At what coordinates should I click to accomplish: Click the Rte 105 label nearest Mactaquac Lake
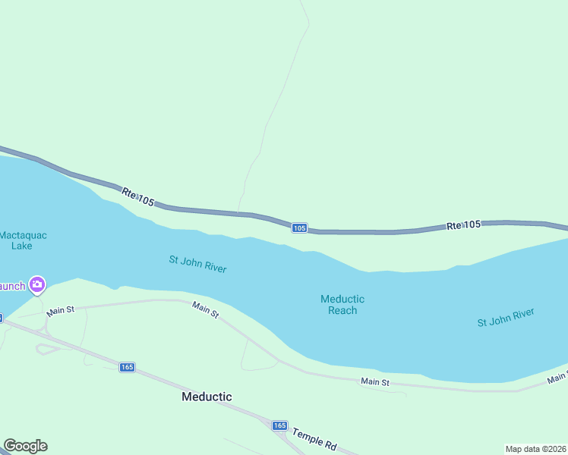[x=137, y=197]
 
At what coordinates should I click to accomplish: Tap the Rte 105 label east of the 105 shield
[x=463, y=225]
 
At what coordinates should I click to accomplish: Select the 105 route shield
[x=300, y=227]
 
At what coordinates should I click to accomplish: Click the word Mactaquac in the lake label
[x=24, y=235]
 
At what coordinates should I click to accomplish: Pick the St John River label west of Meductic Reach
[x=197, y=265]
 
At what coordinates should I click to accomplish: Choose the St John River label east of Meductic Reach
[x=506, y=317]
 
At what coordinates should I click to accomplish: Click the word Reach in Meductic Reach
[x=342, y=310]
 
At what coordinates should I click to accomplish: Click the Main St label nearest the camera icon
[x=60, y=311]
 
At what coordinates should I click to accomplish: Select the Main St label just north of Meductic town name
[x=206, y=309]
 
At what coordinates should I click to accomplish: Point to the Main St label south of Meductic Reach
[x=375, y=382]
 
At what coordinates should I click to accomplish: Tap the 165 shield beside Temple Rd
[x=279, y=425]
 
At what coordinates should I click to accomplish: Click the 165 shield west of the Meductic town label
[x=127, y=367]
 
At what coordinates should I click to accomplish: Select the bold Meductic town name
[x=207, y=397]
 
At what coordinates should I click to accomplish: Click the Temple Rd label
[x=314, y=436]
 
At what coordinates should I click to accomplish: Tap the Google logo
[x=25, y=446]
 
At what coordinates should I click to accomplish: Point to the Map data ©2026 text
[x=535, y=449]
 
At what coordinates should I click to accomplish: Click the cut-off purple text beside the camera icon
[x=12, y=286]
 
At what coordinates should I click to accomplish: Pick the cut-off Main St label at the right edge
[x=563, y=377]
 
